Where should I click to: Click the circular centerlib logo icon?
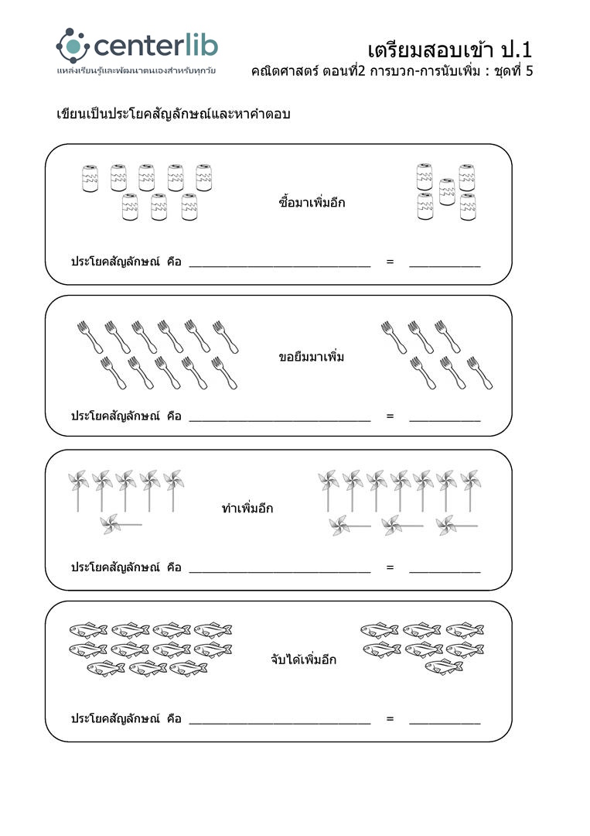click(x=73, y=46)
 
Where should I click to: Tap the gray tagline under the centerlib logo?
click(x=136, y=71)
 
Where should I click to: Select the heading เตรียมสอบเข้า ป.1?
click(x=449, y=50)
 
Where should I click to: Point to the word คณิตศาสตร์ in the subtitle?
click(x=281, y=72)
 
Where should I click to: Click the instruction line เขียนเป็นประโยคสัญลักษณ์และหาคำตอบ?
click(x=173, y=115)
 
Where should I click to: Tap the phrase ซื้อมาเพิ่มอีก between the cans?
click(x=312, y=203)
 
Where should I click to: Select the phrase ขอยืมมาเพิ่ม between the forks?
click(x=311, y=357)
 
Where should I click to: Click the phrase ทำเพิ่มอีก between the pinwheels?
click(x=247, y=509)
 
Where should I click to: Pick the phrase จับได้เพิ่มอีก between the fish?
click(x=303, y=660)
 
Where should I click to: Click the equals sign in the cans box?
click(x=390, y=262)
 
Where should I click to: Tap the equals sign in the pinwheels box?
click(x=390, y=567)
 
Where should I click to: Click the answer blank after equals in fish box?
click(x=445, y=720)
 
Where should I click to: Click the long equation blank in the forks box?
click(x=279, y=417)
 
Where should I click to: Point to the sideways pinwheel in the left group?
click(x=120, y=525)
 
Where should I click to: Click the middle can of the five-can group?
click(x=445, y=191)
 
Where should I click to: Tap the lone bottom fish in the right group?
click(x=444, y=666)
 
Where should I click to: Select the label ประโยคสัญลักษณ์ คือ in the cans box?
click(x=126, y=262)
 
